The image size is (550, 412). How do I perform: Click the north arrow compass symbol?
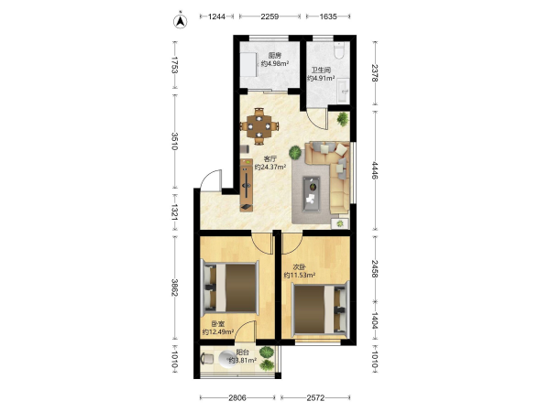point(181,21)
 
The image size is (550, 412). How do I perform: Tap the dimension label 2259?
point(269,16)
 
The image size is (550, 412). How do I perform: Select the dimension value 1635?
point(328,16)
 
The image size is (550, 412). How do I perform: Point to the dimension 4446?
point(375,170)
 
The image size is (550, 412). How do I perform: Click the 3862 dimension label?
point(174,287)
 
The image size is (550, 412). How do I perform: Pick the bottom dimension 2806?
point(237,397)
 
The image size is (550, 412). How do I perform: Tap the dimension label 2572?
point(315,397)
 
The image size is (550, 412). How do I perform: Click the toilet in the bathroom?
point(339,50)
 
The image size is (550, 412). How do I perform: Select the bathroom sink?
point(343,91)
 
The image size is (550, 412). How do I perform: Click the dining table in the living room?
point(258,125)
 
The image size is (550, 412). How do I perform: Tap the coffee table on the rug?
point(312,194)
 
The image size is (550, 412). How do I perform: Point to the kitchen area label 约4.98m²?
point(275,63)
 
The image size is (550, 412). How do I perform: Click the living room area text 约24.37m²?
point(270,168)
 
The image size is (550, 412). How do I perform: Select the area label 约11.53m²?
point(299,275)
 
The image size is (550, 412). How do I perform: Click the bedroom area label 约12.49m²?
point(218,331)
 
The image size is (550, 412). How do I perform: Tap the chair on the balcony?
point(207,359)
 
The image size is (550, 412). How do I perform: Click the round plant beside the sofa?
point(295,152)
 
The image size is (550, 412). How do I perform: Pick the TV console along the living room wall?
point(247,185)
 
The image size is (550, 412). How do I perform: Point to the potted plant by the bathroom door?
point(343,119)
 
